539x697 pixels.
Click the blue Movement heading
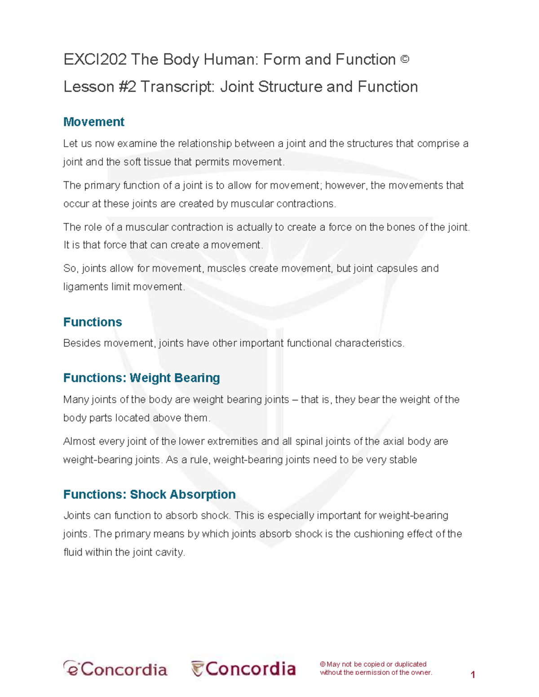[x=93, y=122]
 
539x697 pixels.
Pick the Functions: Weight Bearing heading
[x=141, y=378]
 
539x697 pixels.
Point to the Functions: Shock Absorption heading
[x=149, y=494]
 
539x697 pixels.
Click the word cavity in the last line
[x=171, y=552]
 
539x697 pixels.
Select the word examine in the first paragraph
[x=137, y=144]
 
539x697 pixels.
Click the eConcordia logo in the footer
[x=115, y=669]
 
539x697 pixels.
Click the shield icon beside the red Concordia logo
[x=197, y=669]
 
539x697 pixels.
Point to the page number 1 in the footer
[x=473, y=675]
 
